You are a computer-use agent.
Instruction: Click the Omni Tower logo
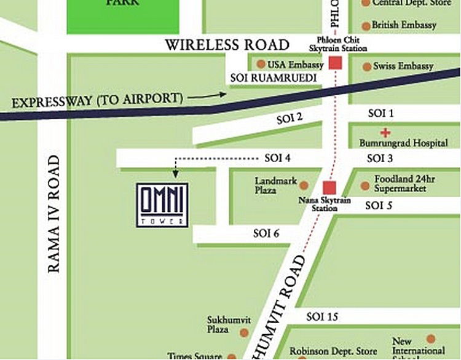162,205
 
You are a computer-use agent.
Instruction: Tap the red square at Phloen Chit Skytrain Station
335,63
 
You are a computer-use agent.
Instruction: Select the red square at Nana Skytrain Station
329,187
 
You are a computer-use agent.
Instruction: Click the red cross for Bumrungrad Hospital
385,132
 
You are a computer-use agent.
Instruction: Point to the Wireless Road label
227,45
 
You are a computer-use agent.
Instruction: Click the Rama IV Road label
55,214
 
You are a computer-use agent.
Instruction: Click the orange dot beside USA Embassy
261,64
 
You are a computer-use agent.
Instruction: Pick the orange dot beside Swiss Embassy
367,66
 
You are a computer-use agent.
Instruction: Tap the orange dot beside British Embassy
366,26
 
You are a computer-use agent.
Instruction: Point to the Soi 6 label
267,233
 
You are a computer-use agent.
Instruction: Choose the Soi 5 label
379,205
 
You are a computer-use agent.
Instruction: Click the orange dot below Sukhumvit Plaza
244,332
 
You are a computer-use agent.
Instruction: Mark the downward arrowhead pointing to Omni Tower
176,176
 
